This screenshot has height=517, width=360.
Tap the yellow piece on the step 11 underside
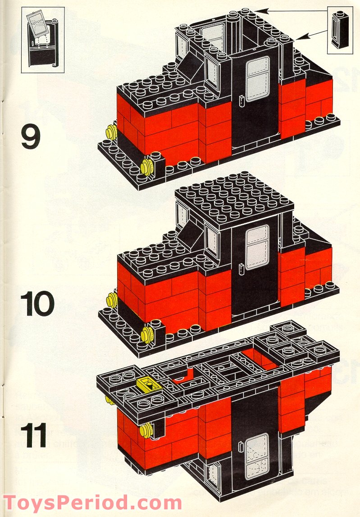click(x=146, y=384)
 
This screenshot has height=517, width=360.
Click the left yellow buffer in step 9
click(x=109, y=133)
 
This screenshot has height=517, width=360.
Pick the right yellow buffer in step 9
click(x=146, y=166)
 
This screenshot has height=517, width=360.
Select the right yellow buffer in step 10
click(x=146, y=334)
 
